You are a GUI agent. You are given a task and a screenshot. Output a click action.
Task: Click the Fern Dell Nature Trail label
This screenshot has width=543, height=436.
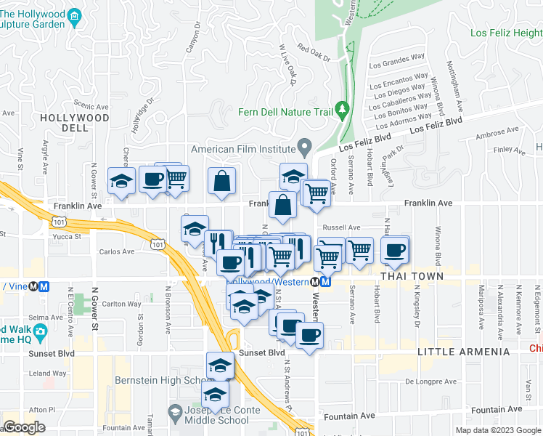tap(285, 112)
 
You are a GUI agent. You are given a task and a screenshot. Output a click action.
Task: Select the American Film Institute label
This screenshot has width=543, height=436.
tap(244, 149)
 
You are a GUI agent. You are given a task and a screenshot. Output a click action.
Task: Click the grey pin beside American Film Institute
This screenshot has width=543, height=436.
tap(306, 148)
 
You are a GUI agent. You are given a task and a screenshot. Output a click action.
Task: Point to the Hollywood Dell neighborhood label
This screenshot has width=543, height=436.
tap(74, 123)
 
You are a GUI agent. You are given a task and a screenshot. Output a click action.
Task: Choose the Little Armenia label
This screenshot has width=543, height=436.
tap(464, 352)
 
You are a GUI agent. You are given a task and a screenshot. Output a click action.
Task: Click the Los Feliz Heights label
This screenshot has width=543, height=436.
tap(506, 33)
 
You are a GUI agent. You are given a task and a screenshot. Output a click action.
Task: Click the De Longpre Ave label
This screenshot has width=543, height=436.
tap(430, 381)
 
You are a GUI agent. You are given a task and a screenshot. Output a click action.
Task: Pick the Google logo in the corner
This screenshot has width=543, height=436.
tap(25, 427)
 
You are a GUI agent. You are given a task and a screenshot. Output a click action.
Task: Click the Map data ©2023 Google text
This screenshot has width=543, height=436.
tap(498, 430)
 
